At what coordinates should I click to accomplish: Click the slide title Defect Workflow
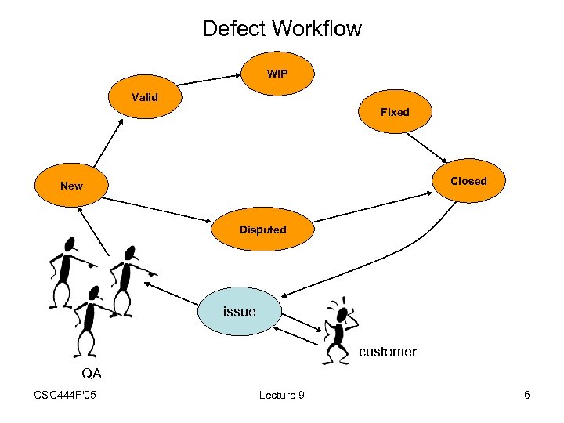point(282,29)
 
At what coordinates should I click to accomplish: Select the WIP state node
point(277,74)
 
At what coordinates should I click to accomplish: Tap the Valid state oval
point(145,98)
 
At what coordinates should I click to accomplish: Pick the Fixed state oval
point(395,112)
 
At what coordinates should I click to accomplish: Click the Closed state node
point(468,181)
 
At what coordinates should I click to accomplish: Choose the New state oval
point(71,186)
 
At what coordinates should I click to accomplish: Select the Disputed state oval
point(263,230)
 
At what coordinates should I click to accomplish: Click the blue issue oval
point(240,312)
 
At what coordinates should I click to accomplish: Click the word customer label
point(388,352)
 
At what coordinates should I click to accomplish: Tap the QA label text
point(92,373)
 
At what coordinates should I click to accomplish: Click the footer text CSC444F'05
point(66,395)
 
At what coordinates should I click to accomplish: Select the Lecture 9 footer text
point(281,395)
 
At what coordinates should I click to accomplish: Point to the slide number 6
point(527,395)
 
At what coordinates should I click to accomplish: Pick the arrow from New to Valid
point(106,143)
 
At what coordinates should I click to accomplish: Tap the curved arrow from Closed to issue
point(392,270)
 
